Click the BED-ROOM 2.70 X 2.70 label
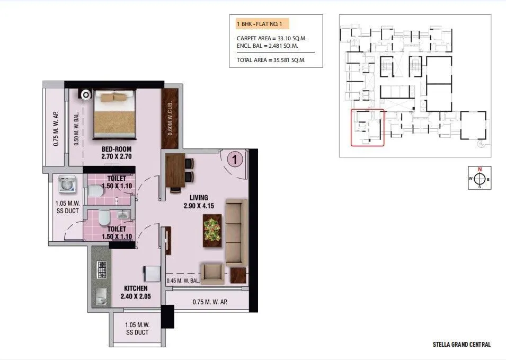[x=116, y=153]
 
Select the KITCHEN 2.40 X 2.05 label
[x=136, y=292]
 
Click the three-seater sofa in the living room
[x=236, y=232]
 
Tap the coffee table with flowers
[x=212, y=232]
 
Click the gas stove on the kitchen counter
[x=102, y=270]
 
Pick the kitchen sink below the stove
[x=101, y=297]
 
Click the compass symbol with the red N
[x=480, y=179]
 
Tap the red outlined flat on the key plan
[x=368, y=127]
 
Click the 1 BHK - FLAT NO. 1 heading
[x=262, y=24]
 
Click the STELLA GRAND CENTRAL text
[x=461, y=345]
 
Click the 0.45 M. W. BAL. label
[x=183, y=281]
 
